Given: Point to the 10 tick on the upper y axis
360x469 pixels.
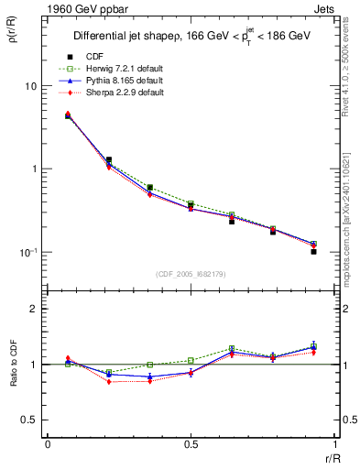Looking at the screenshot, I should click(x=30, y=86).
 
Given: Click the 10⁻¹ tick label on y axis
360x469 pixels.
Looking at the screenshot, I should click(x=27, y=252).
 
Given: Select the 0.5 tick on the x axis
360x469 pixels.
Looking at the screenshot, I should click(x=191, y=443).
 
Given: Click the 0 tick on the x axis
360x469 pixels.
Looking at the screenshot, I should click(x=48, y=443).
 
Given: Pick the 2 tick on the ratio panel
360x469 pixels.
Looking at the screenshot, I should click(x=35, y=309).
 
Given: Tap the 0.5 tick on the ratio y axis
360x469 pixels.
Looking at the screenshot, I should click(x=30, y=420).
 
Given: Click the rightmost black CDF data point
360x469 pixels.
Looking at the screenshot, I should click(x=313, y=251).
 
